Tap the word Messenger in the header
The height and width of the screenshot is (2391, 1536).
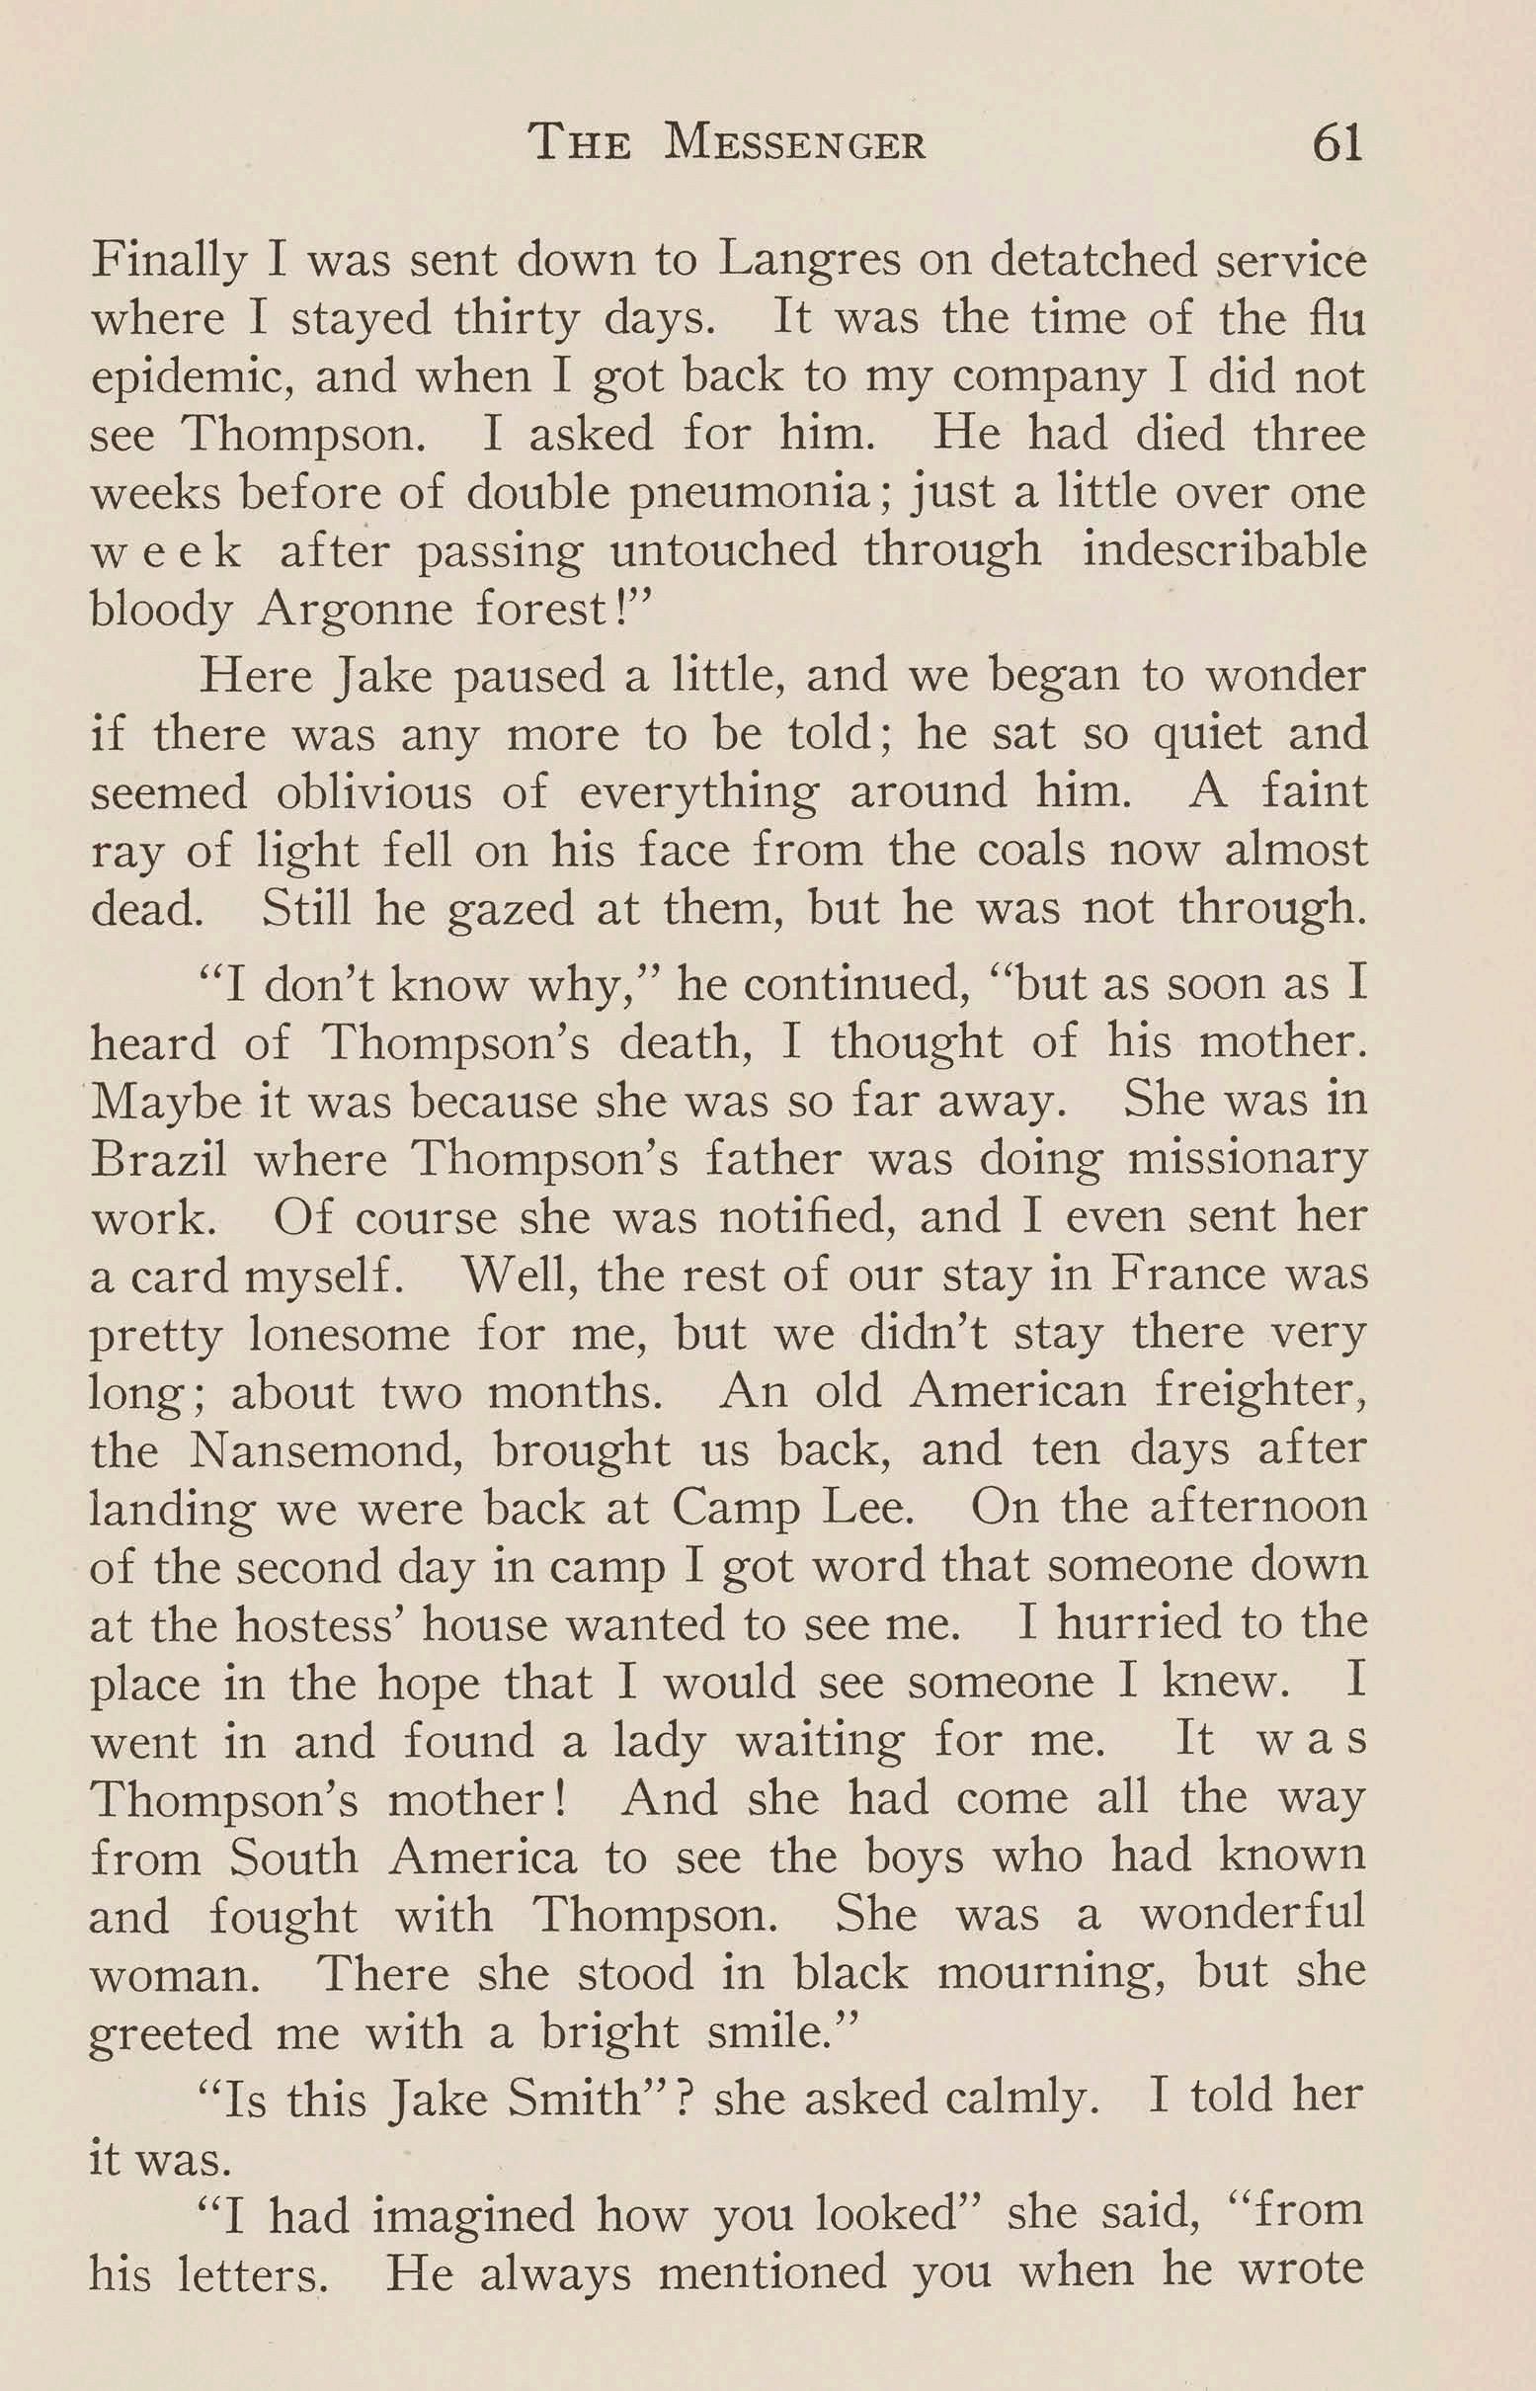point(796,145)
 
